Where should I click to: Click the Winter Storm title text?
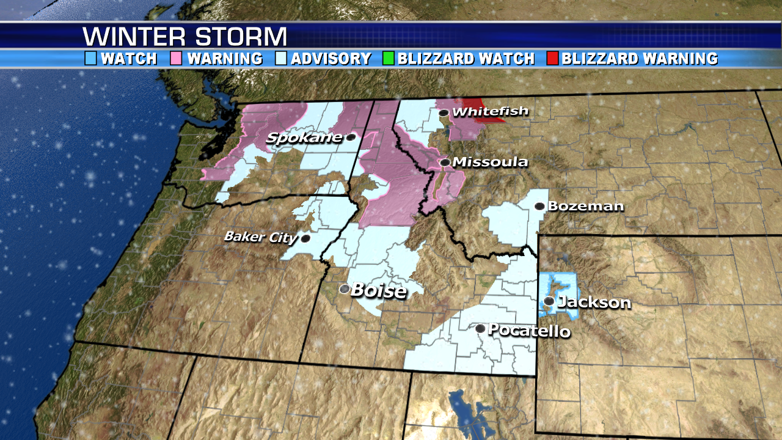coord(185,37)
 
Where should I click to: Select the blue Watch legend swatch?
coord(91,59)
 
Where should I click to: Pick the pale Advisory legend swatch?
coord(281,59)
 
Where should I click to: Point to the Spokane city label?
coord(304,138)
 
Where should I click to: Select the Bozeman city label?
coord(585,206)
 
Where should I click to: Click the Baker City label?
coord(261,237)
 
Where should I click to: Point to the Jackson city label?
coord(594,302)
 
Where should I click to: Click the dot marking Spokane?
coord(351,137)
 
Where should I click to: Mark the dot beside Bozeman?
coord(539,207)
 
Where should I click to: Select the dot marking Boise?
coord(345,288)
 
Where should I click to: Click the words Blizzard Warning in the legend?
coord(640,59)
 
